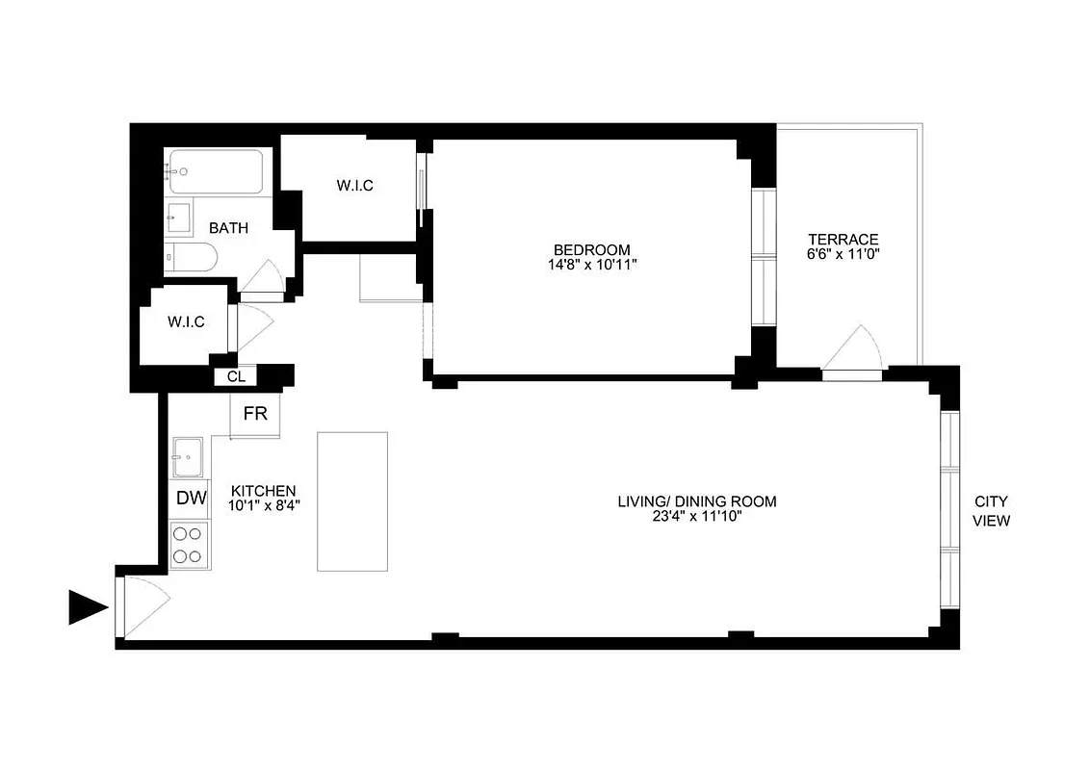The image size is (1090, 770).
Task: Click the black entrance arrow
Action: [x=88, y=608]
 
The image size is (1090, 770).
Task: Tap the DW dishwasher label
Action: [x=192, y=499]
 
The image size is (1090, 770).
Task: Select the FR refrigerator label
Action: [x=255, y=414]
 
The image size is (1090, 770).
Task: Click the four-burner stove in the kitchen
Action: [x=189, y=544]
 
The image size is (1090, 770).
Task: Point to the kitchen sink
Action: [x=188, y=456]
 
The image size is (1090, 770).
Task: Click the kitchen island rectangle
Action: [x=352, y=500]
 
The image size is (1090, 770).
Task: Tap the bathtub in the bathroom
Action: [x=214, y=172]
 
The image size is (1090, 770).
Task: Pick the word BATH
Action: [x=229, y=228]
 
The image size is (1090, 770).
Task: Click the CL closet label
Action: [x=236, y=376]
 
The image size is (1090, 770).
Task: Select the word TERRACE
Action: [x=843, y=240]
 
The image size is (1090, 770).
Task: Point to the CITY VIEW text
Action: [x=992, y=511]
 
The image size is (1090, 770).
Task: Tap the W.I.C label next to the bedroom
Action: [x=355, y=186]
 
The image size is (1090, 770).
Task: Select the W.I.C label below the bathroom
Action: [x=186, y=322]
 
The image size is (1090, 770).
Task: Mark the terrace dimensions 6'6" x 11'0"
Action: [x=843, y=255]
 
